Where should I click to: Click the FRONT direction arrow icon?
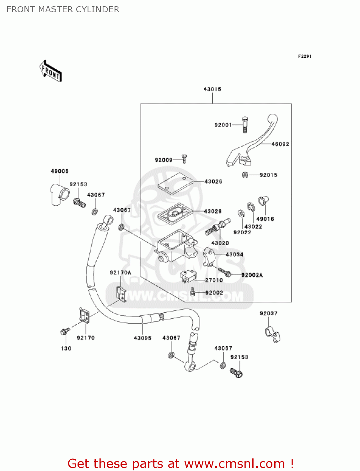50,71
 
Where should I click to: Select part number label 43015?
212,89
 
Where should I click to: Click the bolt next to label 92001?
245,124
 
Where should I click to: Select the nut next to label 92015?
245,175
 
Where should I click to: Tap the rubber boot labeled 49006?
59,195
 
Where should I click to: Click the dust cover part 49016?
263,201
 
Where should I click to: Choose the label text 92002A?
252,275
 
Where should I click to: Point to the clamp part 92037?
272,335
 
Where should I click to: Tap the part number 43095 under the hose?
142,338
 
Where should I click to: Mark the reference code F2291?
304,56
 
